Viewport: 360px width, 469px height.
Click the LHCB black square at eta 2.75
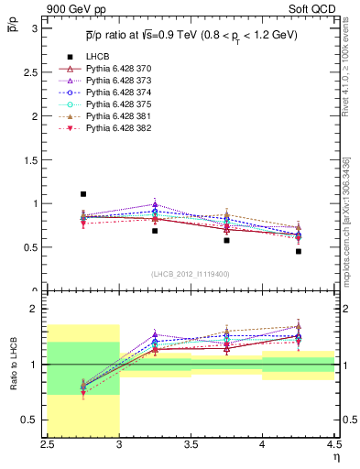[x=83, y=194]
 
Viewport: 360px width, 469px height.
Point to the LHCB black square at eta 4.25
[x=299, y=251]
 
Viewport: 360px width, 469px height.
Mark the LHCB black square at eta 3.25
[x=155, y=231]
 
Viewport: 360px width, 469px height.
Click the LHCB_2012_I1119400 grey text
[x=191, y=274]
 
